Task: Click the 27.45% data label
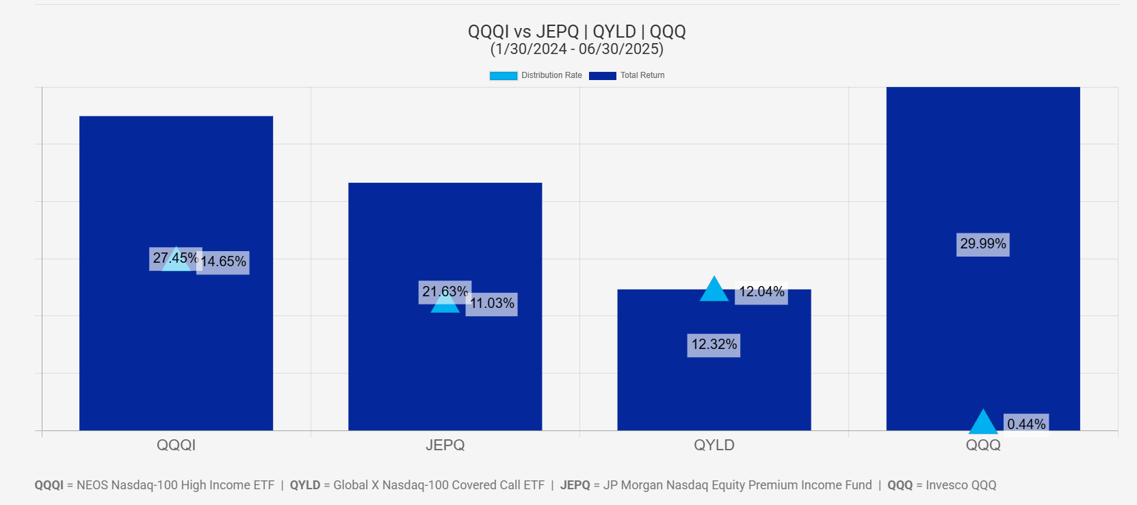[175, 259]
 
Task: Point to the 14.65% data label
[223, 262]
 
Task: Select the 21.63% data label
[445, 292]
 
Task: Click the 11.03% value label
[492, 304]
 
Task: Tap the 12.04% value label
[761, 292]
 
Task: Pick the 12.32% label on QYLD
[714, 345]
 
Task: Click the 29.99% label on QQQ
[983, 244]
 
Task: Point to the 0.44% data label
[1026, 424]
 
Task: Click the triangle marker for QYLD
[714, 291]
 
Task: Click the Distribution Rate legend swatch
[503, 76]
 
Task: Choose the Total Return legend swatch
[602, 76]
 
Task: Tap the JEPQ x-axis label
[445, 445]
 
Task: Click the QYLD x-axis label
[714, 445]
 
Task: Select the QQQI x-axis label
[176, 445]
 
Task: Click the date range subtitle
[577, 49]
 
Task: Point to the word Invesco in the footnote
[946, 485]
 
